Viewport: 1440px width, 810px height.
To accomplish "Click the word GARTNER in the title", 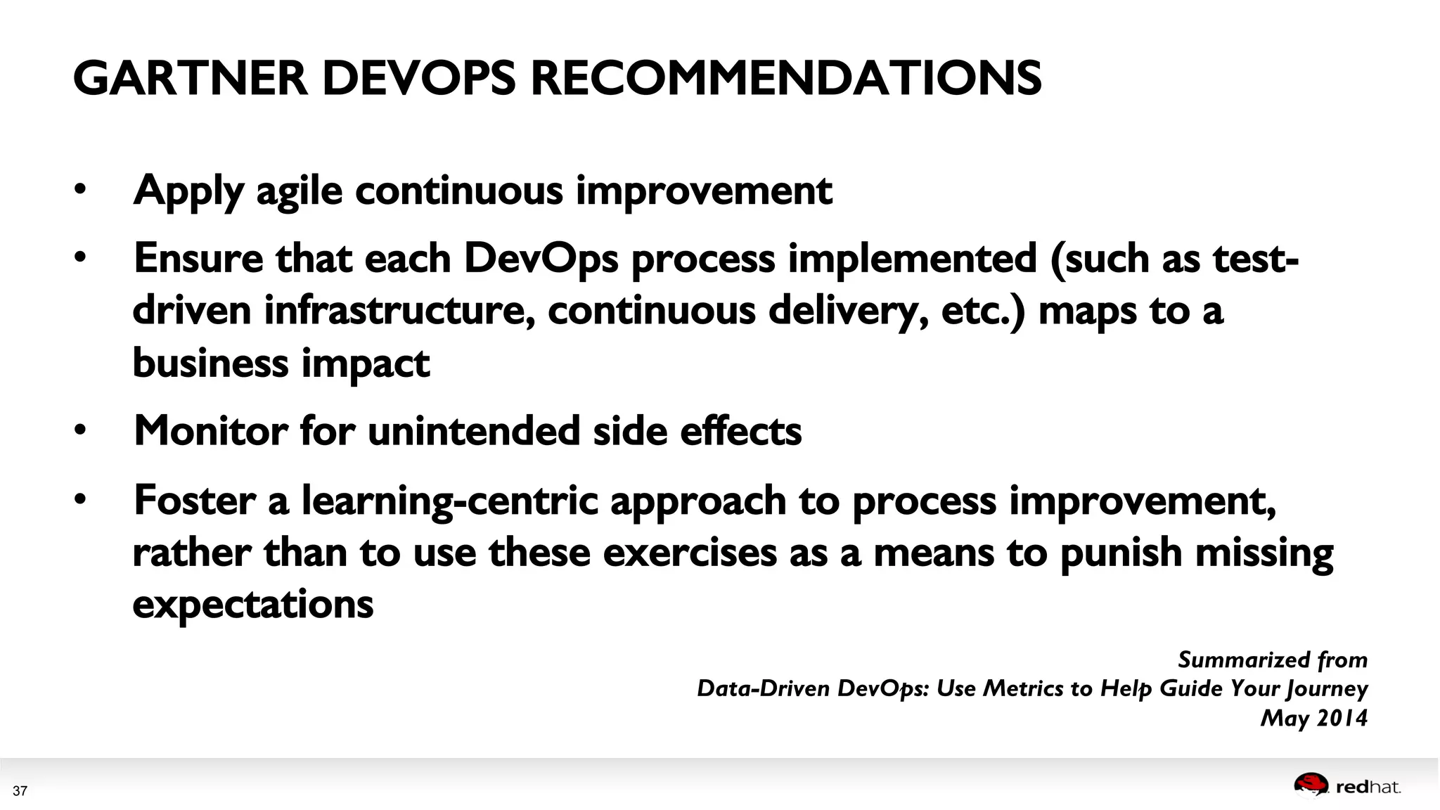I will (x=190, y=78).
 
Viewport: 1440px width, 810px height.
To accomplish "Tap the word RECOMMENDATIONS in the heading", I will (x=785, y=78).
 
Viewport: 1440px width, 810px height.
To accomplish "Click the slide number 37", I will (x=20, y=791).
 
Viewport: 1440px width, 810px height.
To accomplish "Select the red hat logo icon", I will (x=1311, y=785).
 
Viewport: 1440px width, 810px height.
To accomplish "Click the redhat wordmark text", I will (x=1368, y=787).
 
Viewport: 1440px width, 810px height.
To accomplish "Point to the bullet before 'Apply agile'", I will (x=80, y=189).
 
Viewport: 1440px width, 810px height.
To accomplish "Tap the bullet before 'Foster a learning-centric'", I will (x=80, y=499).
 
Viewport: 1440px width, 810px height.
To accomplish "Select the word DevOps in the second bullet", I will (x=541, y=259).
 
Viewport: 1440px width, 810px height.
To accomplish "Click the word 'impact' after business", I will (x=365, y=364).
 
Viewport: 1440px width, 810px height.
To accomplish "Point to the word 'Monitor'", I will (x=210, y=430).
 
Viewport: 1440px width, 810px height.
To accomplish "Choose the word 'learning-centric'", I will (x=449, y=501).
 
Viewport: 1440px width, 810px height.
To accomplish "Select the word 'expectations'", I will (x=252, y=604).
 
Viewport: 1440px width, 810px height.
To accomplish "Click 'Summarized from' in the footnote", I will (x=1272, y=660).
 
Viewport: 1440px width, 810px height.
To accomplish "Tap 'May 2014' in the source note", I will (x=1313, y=718).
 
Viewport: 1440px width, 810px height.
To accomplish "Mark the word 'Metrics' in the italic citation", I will (x=1023, y=688).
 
